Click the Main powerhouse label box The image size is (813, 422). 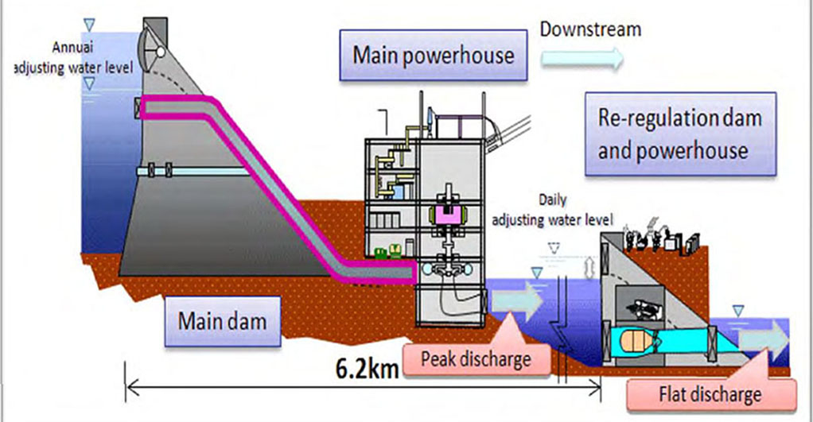434,55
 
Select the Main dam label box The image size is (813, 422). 221,323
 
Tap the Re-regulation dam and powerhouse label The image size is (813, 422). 679,134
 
